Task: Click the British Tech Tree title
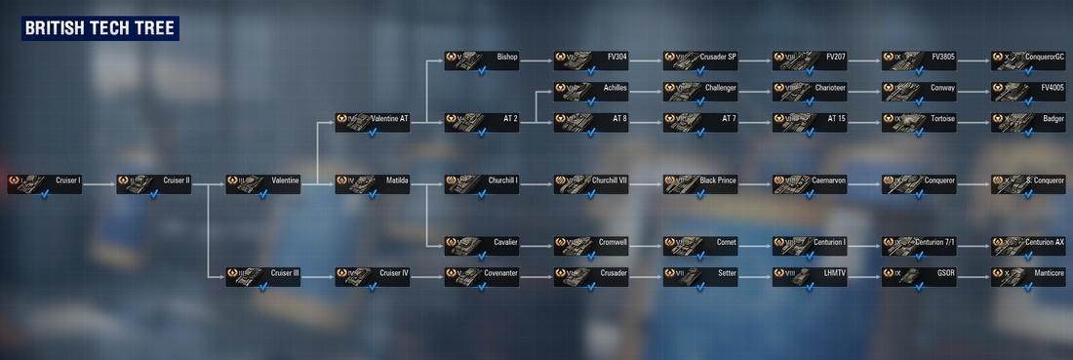(x=99, y=29)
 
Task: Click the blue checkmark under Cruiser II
(x=154, y=194)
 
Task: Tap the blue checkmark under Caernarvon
(x=810, y=194)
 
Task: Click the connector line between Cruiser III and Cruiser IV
(x=318, y=278)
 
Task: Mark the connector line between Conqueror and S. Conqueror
(x=974, y=181)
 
